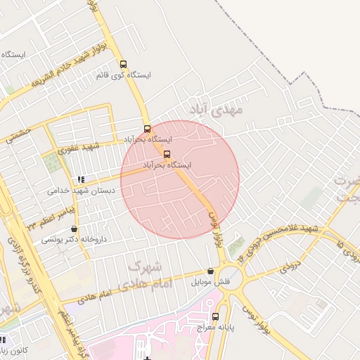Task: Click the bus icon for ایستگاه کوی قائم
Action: coord(124,63)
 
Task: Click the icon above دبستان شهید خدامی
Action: coord(82,179)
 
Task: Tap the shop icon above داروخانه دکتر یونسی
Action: coord(74,229)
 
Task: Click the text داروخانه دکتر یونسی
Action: coord(74,240)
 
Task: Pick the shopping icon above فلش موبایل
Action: coord(210,271)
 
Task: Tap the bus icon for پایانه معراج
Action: coord(215,316)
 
